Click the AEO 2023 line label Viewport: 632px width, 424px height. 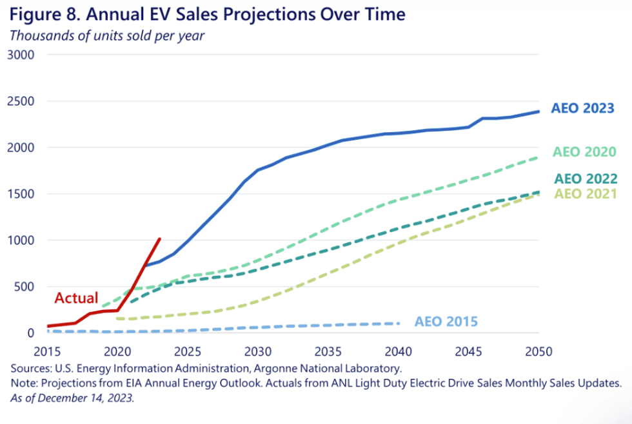tap(582, 108)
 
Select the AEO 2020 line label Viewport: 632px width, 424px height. tap(584, 152)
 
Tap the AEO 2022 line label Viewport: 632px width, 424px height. tap(586, 178)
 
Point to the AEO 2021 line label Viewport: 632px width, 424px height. tap(586, 194)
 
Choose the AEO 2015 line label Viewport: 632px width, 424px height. tap(446, 322)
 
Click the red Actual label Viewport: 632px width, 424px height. tap(76, 298)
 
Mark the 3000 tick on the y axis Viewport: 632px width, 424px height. tap(21, 55)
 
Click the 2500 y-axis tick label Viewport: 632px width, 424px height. tap(21, 101)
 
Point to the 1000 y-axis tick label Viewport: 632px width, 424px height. tap(21, 240)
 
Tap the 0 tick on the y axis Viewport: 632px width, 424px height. tap(31, 333)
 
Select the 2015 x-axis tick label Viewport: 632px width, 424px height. tap(47, 352)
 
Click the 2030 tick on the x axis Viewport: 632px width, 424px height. tap(258, 352)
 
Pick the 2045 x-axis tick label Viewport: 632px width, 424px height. tap(468, 352)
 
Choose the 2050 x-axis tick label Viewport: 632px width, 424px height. tap(538, 352)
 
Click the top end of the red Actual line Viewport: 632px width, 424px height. tap(160, 239)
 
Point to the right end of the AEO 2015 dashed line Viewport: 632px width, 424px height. tap(399, 323)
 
